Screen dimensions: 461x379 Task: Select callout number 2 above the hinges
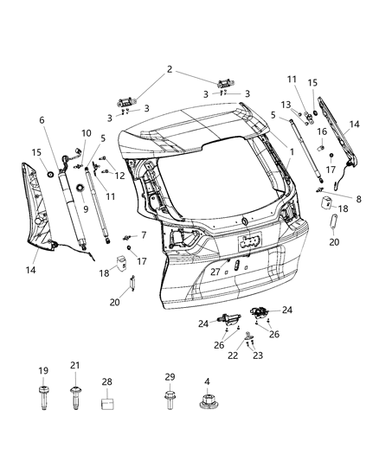170,69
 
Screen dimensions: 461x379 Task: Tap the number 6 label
41,120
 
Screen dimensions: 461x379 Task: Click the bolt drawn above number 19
42,400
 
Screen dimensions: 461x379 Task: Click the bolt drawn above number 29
169,400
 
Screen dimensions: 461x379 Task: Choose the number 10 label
86,132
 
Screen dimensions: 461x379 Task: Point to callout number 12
120,176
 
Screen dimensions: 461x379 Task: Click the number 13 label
285,105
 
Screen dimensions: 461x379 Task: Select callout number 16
321,131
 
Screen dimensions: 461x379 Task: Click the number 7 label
144,235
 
